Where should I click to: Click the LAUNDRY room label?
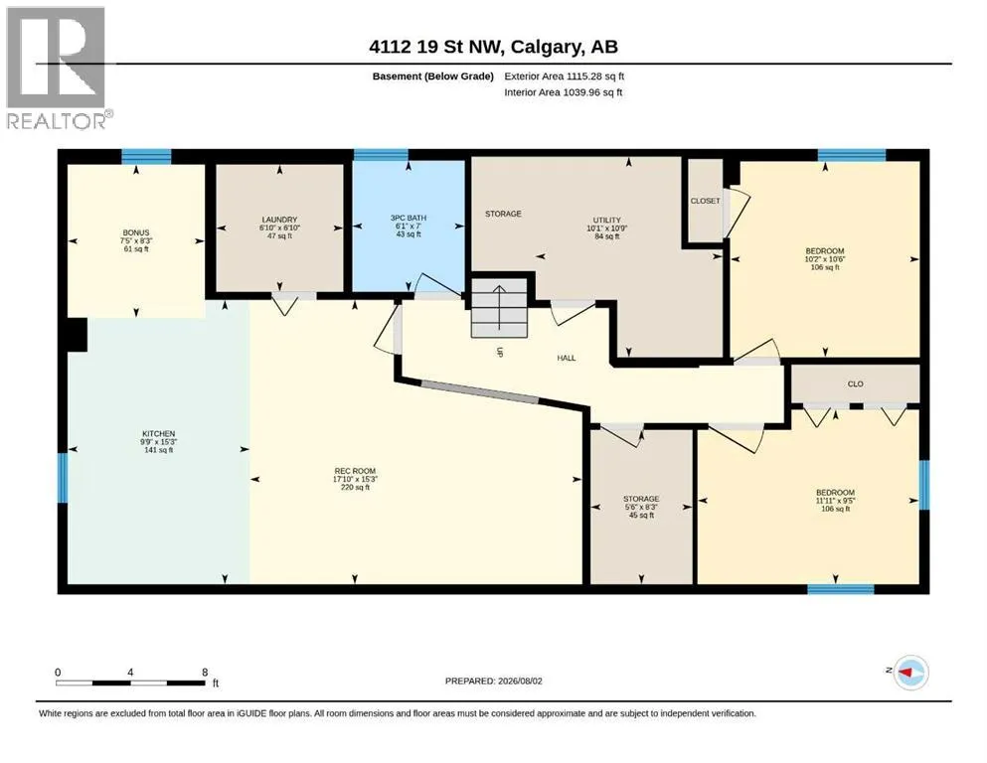(x=279, y=220)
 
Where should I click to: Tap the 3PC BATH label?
(x=408, y=218)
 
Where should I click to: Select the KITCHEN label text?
(x=159, y=433)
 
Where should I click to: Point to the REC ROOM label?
(x=355, y=471)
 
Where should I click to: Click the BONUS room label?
(x=136, y=232)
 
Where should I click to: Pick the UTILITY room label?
(x=606, y=221)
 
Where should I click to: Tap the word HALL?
(x=567, y=358)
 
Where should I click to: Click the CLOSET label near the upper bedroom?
(x=705, y=201)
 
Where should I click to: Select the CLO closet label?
(x=856, y=383)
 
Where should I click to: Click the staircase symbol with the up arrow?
(x=499, y=308)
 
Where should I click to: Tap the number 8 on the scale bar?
(x=205, y=672)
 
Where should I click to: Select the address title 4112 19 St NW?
(x=435, y=47)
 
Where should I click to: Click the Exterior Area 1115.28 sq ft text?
(x=564, y=76)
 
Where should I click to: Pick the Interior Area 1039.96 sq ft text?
(x=564, y=92)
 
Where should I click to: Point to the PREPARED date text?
(x=493, y=681)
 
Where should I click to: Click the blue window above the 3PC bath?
(x=381, y=155)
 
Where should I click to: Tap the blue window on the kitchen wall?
(x=63, y=478)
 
